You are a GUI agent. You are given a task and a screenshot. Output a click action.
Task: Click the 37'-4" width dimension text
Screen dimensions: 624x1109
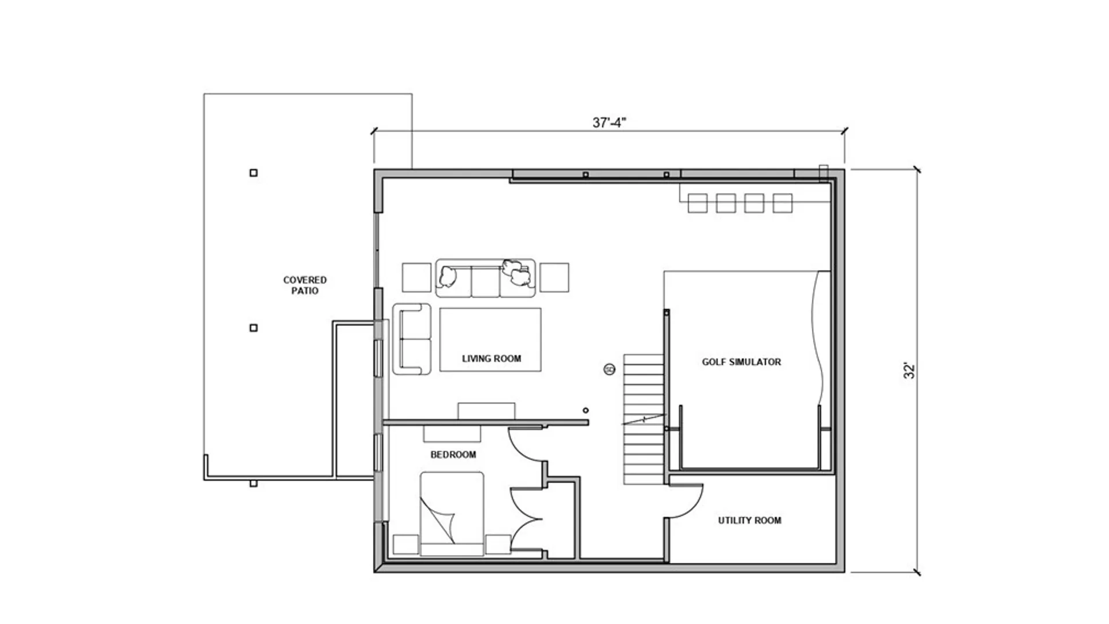click(609, 122)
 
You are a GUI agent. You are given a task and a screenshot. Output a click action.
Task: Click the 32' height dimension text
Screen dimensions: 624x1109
click(910, 370)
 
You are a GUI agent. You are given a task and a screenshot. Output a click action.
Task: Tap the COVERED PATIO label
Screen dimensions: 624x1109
click(305, 285)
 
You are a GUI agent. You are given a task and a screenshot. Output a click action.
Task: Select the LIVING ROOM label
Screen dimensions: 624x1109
click(491, 359)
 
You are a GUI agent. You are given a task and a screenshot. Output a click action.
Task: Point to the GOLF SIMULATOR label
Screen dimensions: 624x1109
click(741, 362)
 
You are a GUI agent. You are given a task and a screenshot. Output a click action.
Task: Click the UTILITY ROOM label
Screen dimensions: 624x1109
click(749, 521)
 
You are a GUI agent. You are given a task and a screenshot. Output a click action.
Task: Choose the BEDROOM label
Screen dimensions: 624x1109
click(453, 455)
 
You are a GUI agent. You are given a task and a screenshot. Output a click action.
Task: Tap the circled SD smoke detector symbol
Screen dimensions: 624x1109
click(609, 369)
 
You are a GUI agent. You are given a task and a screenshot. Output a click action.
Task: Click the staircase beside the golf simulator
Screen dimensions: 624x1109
click(643, 419)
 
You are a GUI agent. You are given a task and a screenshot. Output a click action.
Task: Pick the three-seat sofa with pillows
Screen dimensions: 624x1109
click(485, 278)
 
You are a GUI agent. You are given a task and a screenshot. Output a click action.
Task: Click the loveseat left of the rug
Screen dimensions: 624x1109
click(412, 339)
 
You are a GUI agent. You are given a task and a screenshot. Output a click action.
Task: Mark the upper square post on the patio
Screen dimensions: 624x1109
click(253, 173)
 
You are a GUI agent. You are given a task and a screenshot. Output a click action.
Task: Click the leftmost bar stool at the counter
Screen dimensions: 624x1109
click(698, 203)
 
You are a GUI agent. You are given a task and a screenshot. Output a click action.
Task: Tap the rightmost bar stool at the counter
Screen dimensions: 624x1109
click(782, 203)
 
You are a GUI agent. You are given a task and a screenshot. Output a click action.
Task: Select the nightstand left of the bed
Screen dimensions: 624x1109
click(405, 544)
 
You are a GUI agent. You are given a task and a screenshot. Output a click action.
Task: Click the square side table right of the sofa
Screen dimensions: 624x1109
click(554, 277)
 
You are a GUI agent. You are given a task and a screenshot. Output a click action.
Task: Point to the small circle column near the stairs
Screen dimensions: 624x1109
click(586, 410)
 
